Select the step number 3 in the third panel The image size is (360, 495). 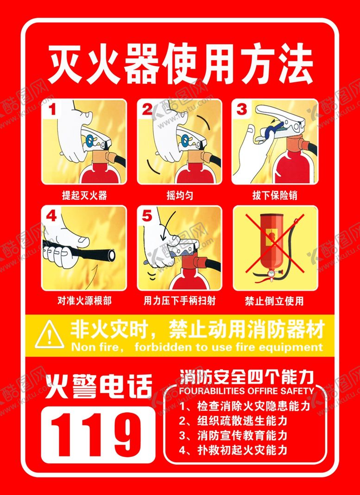[x=242, y=109]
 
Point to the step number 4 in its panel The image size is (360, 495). [x=51, y=216]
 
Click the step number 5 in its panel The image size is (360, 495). [x=147, y=216]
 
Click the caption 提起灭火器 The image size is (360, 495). [x=84, y=195]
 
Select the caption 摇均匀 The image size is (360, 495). [x=180, y=195]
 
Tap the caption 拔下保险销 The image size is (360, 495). [x=274, y=195]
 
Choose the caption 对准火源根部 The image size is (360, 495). [x=84, y=301]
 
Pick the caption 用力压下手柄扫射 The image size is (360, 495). [x=179, y=301]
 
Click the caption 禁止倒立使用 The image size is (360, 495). [x=274, y=301]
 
